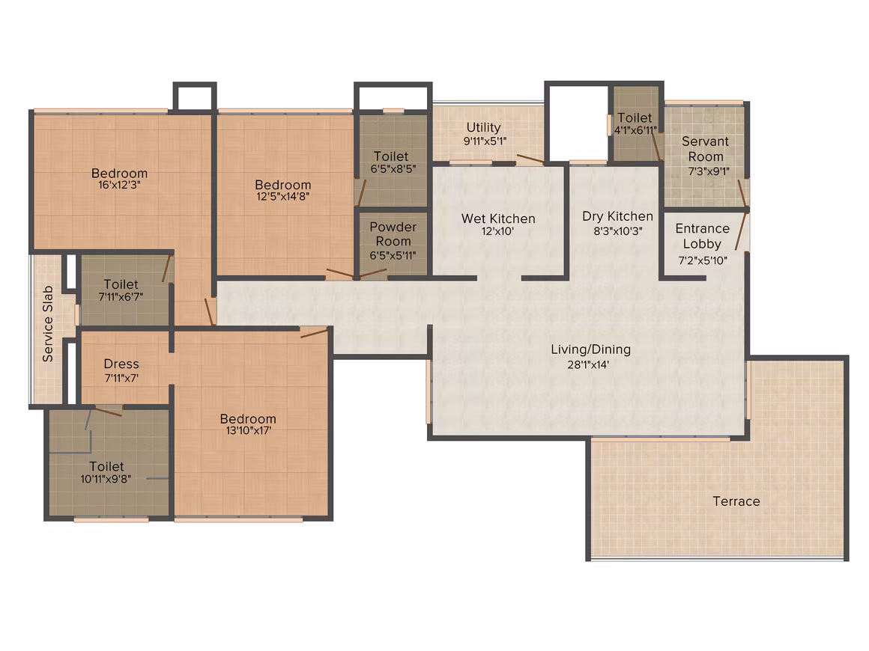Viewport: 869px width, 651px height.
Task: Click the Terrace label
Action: coord(736,501)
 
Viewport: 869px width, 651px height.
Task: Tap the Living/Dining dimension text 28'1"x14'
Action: coord(588,364)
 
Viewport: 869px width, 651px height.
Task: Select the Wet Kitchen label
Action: coord(498,218)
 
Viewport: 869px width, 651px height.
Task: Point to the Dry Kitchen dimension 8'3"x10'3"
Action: coord(618,230)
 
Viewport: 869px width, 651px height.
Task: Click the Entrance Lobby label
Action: coord(702,236)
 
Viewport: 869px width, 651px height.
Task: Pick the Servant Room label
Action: coord(706,149)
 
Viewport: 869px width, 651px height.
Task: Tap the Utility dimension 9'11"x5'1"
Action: coord(485,141)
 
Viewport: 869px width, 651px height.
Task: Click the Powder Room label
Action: coord(393,234)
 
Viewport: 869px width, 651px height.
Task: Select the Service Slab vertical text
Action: coord(48,324)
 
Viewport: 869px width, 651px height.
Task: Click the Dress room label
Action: coord(121,364)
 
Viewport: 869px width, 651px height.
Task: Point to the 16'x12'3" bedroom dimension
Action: coord(119,185)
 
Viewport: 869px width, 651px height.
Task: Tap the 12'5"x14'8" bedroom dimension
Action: coord(282,196)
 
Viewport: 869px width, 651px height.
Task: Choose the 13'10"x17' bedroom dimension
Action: coord(248,430)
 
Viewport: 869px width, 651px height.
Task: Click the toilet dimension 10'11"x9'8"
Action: coord(106,479)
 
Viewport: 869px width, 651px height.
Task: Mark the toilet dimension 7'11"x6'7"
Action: coord(121,297)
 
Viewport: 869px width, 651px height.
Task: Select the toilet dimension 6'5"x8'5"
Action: coord(393,169)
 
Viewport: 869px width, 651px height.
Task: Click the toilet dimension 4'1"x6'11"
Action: coord(635,130)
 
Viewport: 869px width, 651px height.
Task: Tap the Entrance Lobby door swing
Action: coord(741,230)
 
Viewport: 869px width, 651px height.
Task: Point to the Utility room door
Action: coord(530,159)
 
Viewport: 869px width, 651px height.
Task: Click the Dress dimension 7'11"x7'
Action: coord(121,378)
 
